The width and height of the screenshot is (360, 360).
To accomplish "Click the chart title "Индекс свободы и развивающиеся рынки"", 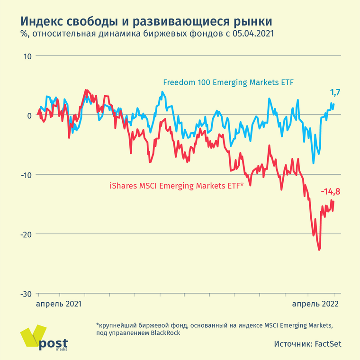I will [x=146, y=21].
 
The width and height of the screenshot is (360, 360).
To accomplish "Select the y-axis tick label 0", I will [x=29, y=116].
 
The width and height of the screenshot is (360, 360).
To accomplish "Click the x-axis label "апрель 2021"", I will [x=59, y=304].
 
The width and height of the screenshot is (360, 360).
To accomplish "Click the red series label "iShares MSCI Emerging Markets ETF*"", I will [x=176, y=186].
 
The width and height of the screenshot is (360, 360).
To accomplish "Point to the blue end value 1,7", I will [x=335, y=92].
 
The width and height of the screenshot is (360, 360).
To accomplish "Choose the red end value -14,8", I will [x=331, y=192].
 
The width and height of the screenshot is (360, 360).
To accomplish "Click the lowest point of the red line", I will [x=319, y=250].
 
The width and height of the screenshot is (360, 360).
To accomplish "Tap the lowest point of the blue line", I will [x=314, y=163].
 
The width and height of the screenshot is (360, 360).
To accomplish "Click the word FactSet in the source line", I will [x=328, y=344].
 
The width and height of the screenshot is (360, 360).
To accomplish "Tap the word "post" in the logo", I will [x=53, y=343].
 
